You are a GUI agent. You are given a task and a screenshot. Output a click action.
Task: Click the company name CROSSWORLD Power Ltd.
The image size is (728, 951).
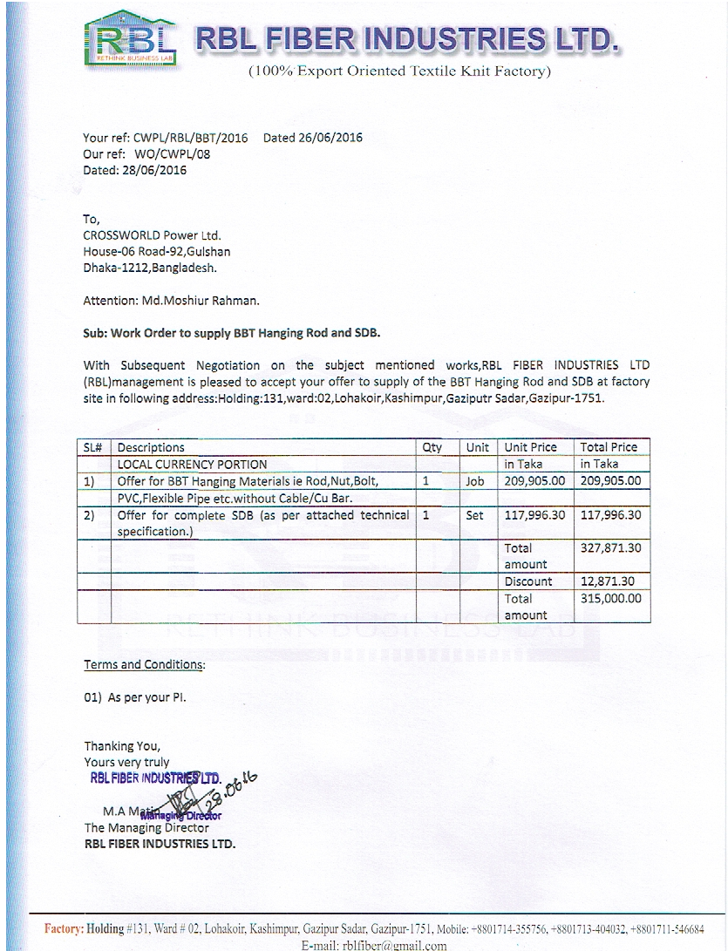[x=152, y=235]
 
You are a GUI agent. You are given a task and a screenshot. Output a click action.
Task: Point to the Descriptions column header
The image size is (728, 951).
[x=151, y=447]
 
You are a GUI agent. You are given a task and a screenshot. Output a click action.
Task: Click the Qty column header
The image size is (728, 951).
[x=432, y=447]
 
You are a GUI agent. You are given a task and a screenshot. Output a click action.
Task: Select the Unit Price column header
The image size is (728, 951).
[x=530, y=447]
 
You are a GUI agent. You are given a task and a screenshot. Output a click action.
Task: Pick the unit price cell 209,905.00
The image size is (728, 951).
[x=534, y=480]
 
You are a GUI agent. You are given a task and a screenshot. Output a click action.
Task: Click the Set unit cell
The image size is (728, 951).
[x=474, y=515]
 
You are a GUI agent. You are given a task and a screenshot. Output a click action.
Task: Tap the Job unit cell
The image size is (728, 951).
[x=474, y=480]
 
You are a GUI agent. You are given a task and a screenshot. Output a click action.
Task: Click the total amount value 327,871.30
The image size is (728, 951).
[x=610, y=548]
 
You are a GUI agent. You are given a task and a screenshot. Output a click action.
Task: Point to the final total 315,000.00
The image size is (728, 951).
[x=610, y=599]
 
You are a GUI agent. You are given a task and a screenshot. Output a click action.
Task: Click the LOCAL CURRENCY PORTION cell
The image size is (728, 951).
[x=193, y=464]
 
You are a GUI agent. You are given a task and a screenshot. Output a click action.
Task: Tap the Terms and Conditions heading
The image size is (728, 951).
[x=145, y=664]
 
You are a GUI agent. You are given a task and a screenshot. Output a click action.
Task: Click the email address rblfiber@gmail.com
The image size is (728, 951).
[x=374, y=945]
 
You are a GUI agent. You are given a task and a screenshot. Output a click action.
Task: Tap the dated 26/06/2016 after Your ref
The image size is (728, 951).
[x=312, y=138]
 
